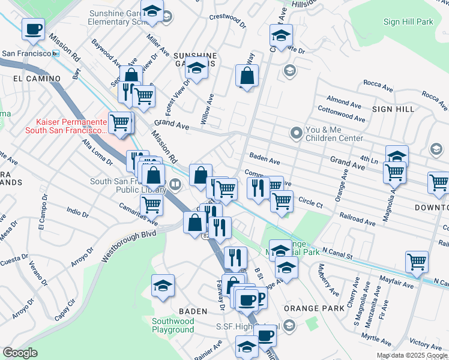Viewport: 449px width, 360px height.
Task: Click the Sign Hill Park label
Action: [408, 22]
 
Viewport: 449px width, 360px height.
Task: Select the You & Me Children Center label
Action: [334, 134]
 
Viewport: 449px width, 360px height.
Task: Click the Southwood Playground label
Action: [173, 325]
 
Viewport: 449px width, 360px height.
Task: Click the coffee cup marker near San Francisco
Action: [34, 29]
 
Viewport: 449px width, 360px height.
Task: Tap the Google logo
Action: [20, 353]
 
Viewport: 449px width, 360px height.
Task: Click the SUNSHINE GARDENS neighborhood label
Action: [195, 59]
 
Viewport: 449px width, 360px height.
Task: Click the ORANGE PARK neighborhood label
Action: [314, 308]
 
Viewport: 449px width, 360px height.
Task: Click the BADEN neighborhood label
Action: [193, 311]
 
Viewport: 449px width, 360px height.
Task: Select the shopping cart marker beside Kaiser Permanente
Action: [120, 124]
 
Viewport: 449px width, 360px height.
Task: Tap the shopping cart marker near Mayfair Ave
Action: [417, 262]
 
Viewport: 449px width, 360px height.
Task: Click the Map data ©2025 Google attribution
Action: [412, 355]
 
